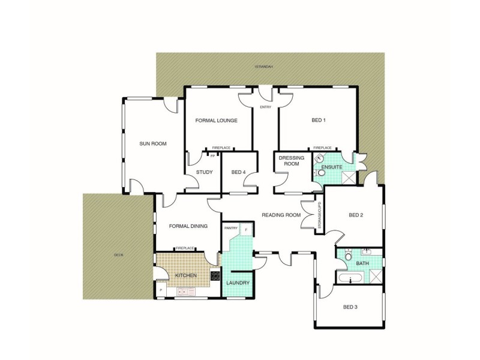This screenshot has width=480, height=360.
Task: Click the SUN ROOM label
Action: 152,143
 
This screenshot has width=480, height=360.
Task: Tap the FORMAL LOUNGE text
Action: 216,121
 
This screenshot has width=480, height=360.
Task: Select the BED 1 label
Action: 319,120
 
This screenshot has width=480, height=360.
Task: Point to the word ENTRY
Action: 265,107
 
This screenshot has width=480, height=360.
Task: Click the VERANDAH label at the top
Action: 263,67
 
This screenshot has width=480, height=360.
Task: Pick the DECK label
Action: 118,255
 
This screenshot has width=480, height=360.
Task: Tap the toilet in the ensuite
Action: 321,173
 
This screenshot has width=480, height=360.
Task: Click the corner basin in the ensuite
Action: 320,158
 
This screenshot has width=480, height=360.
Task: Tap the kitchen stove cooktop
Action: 215,276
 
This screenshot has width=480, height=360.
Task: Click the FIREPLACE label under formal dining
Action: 184,248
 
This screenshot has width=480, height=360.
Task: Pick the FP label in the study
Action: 212,156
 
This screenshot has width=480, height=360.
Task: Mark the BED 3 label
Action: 350,307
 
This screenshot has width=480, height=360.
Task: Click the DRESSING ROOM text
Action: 291,161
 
